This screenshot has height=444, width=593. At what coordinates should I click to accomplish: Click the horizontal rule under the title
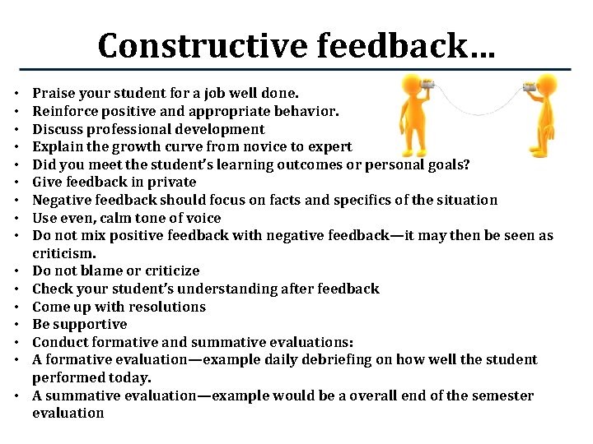click(296, 69)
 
